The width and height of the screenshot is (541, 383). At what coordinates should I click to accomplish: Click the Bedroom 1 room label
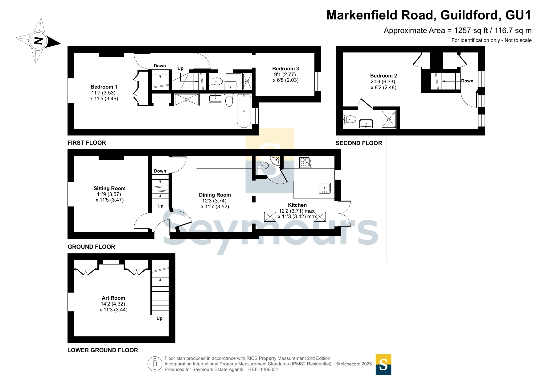[x=104, y=87]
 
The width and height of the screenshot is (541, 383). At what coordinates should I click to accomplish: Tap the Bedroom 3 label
[x=285, y=69]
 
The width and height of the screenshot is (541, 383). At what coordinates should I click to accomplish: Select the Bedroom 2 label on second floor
[x=383, y=76]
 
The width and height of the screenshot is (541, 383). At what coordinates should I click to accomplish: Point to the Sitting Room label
[x=109, y=188]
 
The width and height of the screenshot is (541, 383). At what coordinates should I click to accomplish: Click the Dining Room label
[x=215, y=195]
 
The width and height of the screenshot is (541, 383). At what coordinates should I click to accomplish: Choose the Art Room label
[x=113, y=298]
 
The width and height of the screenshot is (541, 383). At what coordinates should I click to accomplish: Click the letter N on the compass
[x=38, y=41]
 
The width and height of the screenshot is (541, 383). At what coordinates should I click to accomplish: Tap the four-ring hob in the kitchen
[x=305, y=162]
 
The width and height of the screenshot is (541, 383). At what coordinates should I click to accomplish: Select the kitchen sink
[x=325, y=188]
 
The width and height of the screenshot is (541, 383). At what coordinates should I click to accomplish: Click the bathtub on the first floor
[x=244, y=111]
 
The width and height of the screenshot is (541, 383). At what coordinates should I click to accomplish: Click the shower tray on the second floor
[x=389, y=119]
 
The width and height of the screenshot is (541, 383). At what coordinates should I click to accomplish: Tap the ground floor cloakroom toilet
[x=262, y=166]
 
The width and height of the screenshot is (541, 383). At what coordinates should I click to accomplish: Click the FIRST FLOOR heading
[x=87, y=143]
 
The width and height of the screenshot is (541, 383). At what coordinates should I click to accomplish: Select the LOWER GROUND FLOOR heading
[x=103, y=350]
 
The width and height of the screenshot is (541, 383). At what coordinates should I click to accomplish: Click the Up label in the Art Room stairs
[x=159, y=318]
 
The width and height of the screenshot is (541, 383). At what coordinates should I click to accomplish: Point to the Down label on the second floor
[x=467, y=81]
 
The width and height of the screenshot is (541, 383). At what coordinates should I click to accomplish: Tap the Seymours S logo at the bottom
[x=383, y=364]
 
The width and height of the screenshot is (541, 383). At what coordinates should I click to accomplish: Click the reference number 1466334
[x=269, y=369]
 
